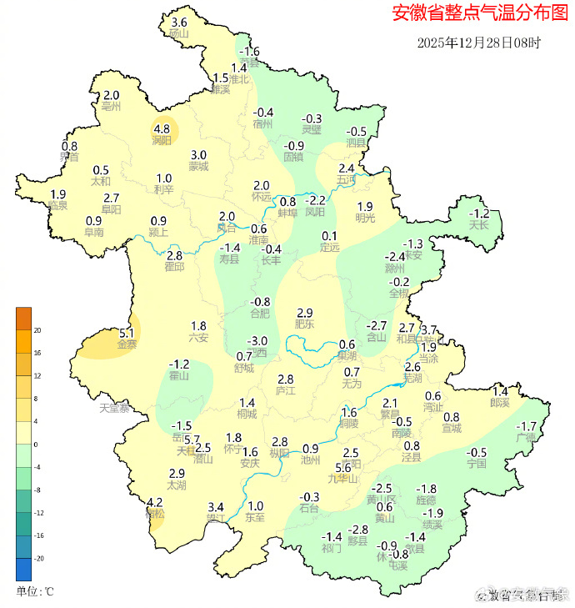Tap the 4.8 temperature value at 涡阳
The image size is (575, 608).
point(162,129)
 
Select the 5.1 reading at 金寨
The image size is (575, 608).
point(127,332)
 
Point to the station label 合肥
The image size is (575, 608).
point(261,314)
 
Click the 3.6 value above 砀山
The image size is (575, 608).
point(178,23)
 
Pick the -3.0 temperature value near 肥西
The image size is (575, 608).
point(259,340)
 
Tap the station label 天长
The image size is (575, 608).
point(478,225)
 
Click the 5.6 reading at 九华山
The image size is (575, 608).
point(343,467)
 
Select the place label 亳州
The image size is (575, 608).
point(111,108)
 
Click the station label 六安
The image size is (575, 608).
point(198,338)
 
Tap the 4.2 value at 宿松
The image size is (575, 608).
point(154,502)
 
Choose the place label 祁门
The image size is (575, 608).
point(332,548)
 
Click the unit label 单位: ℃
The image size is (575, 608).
point(35,591)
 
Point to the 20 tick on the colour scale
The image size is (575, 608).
point(37,330)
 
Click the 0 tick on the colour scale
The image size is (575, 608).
point(36,445)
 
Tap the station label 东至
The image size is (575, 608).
point(255,517)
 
